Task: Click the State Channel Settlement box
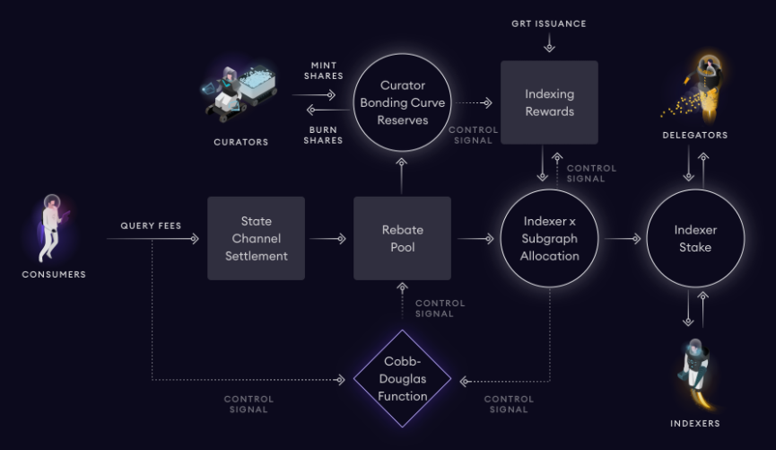tap(256, 238)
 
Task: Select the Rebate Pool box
tap(402, 238)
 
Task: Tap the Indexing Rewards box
tap(549, 102)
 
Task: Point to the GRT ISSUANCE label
tap(549, 23)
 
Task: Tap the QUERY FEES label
tap(151, 225)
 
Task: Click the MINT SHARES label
tap(324, 70)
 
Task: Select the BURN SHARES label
tap(323, 135)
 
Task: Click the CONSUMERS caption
tap(54, 274)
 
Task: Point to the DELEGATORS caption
tap(695, 135)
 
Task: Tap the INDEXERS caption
tap(695, 423)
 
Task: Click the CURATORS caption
tap(241, 142)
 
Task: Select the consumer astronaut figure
tap(52, 228)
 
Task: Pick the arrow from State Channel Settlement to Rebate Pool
tap(327, 239)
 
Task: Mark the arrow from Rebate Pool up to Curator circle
tap(401, 176)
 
